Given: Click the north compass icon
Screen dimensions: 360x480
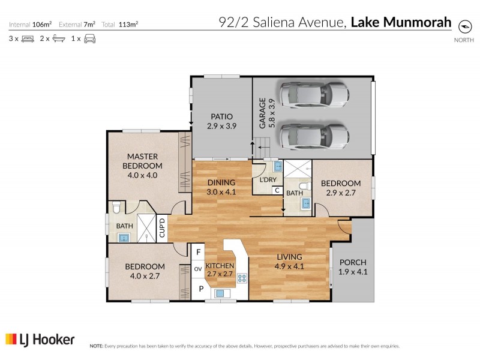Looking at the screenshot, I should [x=464, y=26].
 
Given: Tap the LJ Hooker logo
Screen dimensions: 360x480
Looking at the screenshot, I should [x=40, y=340].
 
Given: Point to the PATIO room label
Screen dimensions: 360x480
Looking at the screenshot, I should [x=221, y=117].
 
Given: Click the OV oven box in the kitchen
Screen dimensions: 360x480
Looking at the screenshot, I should [x=197, y=269].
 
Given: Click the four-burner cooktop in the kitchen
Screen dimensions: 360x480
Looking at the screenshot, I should [x=243, y=278].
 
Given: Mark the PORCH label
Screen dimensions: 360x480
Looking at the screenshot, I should [x=352, y=262].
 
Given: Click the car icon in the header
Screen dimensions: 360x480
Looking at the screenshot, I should [x=89, y=39].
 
